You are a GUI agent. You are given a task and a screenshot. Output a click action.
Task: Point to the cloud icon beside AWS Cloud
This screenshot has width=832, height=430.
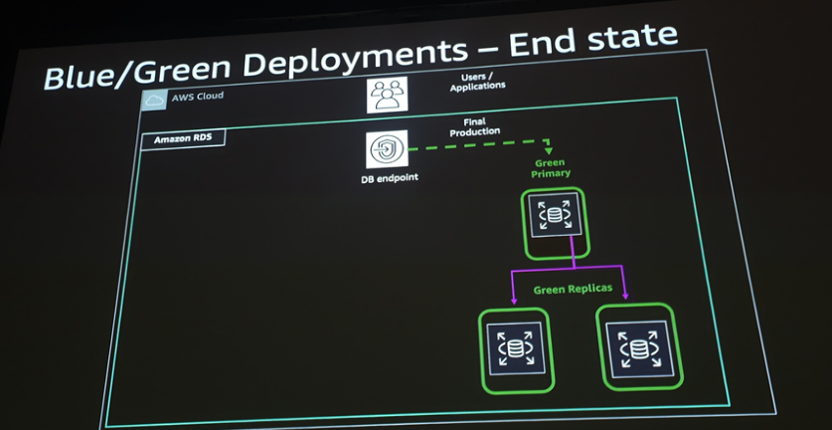pos(153,99)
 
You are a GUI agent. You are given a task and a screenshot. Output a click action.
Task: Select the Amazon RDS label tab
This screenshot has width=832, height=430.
pos(184,139)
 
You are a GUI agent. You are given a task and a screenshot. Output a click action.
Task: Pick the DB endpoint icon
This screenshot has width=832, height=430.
pos(384,150)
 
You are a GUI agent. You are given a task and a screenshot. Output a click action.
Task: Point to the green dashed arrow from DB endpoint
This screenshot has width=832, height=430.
pos(477,146)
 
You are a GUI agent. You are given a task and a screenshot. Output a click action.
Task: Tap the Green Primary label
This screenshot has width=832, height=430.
pos(552,167)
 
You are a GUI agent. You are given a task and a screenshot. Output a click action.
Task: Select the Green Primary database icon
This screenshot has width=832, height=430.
pos(554,216)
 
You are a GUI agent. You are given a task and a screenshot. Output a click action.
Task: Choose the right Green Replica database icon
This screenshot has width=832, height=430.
pos(636,344)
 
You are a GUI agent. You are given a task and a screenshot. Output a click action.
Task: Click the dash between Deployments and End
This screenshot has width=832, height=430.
pos(483,50)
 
